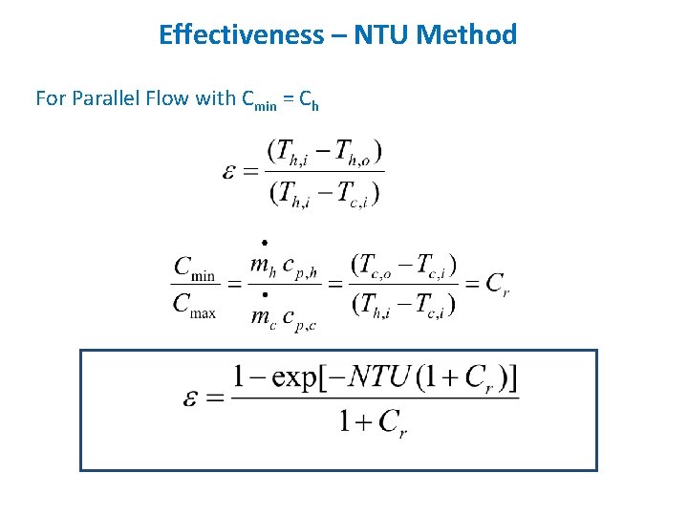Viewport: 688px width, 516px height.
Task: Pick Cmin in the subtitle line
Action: tap(260, 99)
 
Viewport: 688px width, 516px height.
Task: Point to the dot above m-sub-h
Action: tap(263, 244)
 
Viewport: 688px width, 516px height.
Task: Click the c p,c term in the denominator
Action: tap(296, 317)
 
